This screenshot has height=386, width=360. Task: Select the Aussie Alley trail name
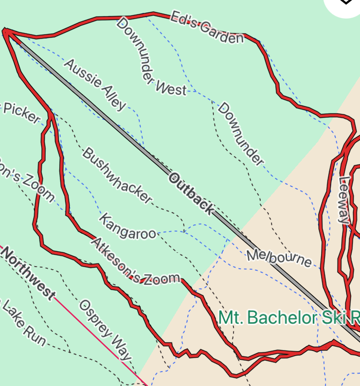point(95,85)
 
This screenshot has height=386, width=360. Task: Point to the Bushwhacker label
point(118,175)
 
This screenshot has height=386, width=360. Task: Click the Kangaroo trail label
point(128,226)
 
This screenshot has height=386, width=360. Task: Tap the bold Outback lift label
point(190,194)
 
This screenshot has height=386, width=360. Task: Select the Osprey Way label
point(105,329)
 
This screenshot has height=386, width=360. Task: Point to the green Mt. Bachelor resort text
point(288,318)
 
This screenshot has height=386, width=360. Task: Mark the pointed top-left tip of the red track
point(5,31)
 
